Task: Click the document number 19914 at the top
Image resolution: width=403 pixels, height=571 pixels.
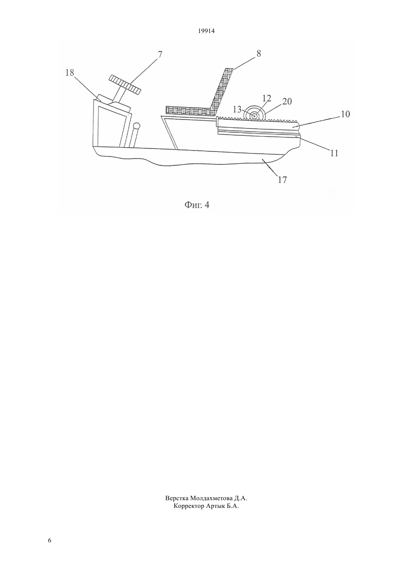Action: tap(206, 31)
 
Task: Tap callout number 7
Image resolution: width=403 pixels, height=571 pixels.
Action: tap(159, 55)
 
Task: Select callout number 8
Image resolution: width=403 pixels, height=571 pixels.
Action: tap(259, 54)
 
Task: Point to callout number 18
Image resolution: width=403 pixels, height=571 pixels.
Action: tap(70, 73)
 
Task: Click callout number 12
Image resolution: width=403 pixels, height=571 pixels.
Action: tap(267, 98)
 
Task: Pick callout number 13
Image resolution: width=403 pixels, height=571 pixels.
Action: tap(237, 109)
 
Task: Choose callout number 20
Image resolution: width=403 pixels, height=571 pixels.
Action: tap(287, 101)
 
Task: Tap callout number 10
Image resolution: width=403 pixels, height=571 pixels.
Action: tap(345, 114)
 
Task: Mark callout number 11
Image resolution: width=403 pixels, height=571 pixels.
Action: tap(334, 153)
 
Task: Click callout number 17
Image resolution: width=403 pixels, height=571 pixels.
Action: tap(282, 180)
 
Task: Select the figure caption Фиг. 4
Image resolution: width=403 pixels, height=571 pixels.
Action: tap(197, 205)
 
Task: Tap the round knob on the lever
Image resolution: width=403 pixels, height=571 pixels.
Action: tap(137, 126)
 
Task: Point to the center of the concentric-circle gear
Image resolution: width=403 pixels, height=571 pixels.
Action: tap(254, 116)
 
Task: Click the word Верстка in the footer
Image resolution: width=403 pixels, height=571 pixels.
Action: tap(177, 498)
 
